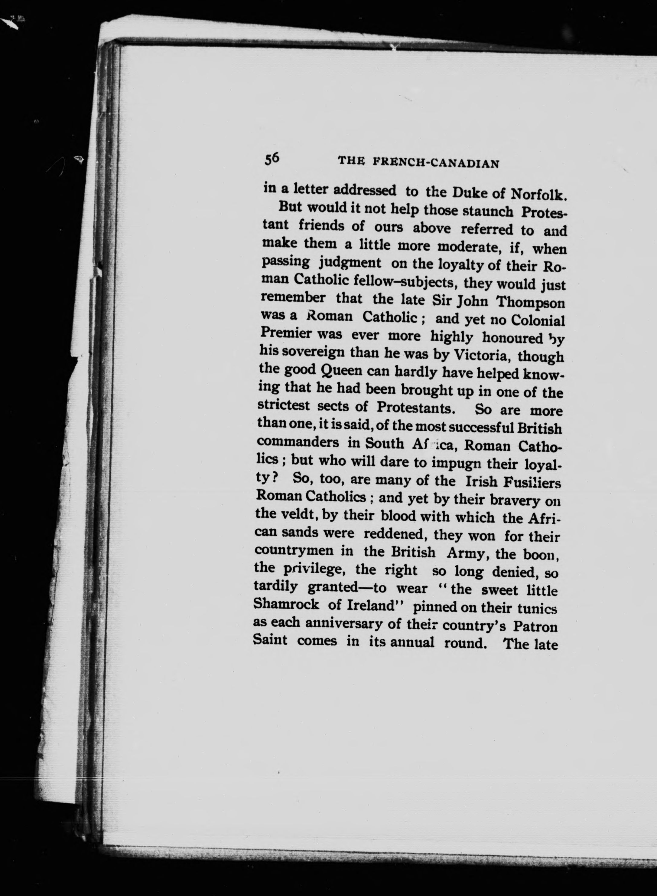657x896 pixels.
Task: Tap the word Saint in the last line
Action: (270, 641)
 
